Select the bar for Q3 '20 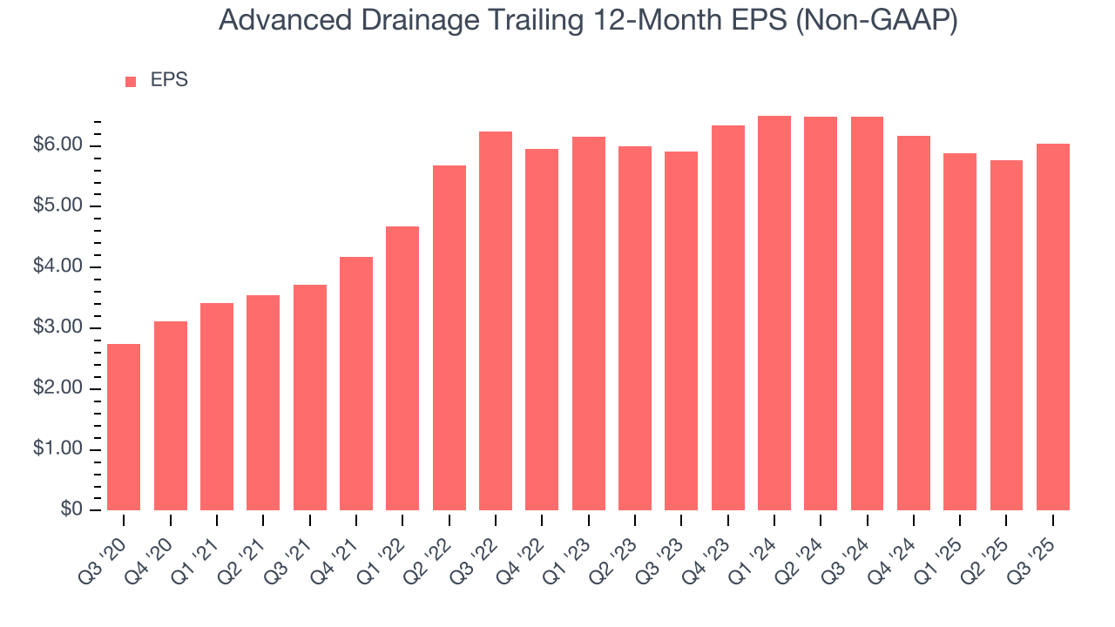pyautogui.click(x=124, y=427)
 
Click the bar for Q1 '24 pyautogui.click(x=774, y=313)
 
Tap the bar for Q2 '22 pyautogui.click(x=449, y=338)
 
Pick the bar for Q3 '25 pyautogui.click(x=1053, y=327)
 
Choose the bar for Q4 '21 pyautogui.click(x=356, y=383)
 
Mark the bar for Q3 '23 pyautogui.click(x=681, y=331)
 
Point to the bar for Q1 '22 pyautogui.click(x=402, y=368)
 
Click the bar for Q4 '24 pyautogui.click(x=914, y=323)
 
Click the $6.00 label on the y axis pyautogui.click(x=57, y=145)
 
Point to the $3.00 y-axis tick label pyautogui.click(x=57, y=328)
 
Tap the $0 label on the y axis pyautogui.click(x=71, y=510)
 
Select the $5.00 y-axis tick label pyautogui.click(x=57, y=206)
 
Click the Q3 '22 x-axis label pyautogui.click(x=483, y=548)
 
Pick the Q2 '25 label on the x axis pyautogui.click(x=995, y=548)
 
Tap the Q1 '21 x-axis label pyautogui.click(x=205, y=548)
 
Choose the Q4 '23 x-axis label pyautogui.click(x=716, y=548)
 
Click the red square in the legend pyautogui.click(x=131, y=81)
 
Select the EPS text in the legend pyautogui.click(x=169, y=80)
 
